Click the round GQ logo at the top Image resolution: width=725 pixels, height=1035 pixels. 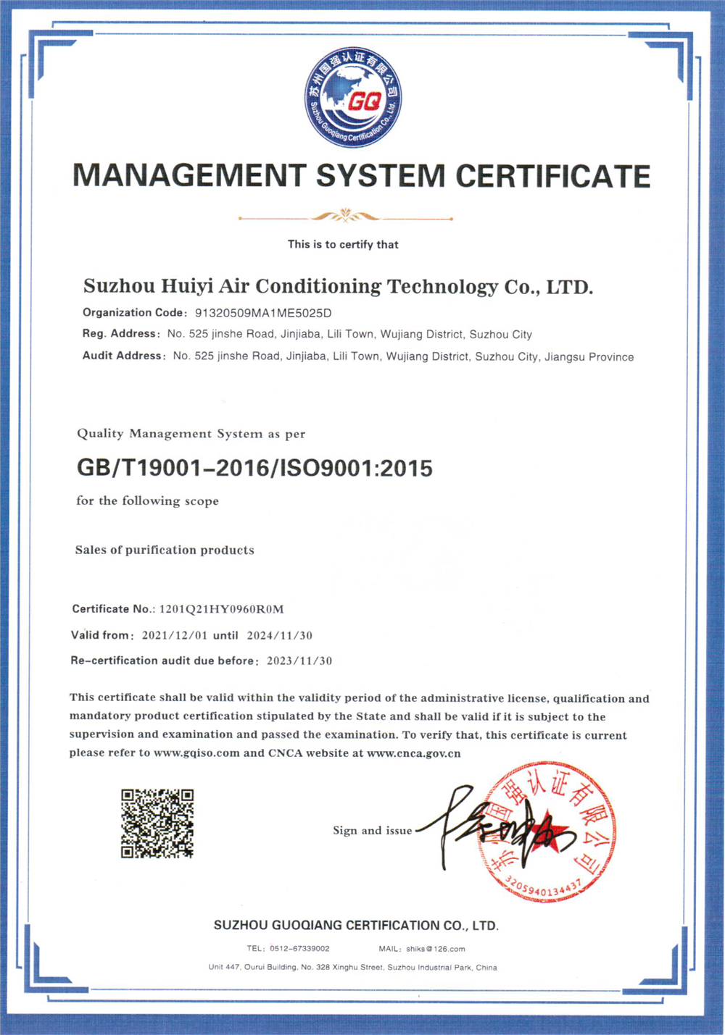point(353,99)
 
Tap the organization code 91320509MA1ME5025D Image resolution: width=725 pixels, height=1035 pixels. point(263,314)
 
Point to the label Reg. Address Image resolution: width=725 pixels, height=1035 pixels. point(120,334)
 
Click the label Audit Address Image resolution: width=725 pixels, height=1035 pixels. point(123,356)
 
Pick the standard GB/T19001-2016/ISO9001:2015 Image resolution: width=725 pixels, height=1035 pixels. point(254,468)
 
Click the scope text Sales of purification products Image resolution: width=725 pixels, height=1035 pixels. point(165,550)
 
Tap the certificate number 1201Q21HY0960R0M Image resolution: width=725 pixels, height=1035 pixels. point(221,609)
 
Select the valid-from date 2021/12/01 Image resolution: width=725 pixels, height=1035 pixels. point(174,636)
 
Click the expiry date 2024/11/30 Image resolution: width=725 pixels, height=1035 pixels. point(279,636)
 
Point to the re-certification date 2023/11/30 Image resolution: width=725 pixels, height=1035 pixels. point(299,661)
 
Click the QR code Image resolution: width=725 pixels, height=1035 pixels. point(157,824)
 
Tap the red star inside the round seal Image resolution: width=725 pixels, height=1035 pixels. point(549,831)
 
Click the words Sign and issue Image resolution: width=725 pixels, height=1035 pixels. point(372,831)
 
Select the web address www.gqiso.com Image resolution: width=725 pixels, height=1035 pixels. point(196,753)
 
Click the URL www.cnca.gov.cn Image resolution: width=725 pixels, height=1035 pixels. point(414,753)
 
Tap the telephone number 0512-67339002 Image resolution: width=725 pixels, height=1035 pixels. point(299,949)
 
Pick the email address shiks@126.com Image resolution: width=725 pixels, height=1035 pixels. point(435,949)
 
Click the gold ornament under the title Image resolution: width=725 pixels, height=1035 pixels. point(345,216)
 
